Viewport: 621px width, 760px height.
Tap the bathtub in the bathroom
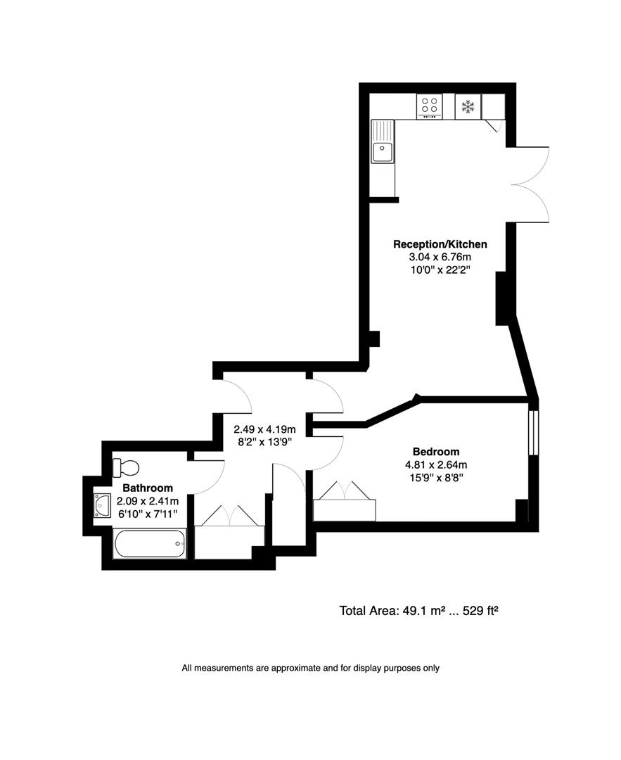tap(150, 544)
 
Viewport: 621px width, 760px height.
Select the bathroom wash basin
tap(102, 505)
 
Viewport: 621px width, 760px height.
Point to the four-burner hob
tap(429, 106)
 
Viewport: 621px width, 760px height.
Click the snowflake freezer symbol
tap(468, 107)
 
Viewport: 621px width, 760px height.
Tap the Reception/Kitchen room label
tap(440, 244)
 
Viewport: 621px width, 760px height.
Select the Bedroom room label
tap(436, 452)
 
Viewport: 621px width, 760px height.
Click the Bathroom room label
tap(148, 488)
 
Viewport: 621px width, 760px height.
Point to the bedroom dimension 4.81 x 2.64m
tap(436, 464)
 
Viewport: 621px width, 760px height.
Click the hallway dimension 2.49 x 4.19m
tap(264, 429)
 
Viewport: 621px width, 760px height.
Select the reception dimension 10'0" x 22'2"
tap(440, 270)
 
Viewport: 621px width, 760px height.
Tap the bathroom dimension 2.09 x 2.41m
tap(148, 500)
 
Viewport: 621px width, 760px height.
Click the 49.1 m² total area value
tap(415, 611)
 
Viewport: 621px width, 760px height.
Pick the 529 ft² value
tap(480, 611)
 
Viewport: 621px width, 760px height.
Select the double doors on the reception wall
tap(529, 184)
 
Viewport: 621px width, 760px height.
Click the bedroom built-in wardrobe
tap(345, 509)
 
